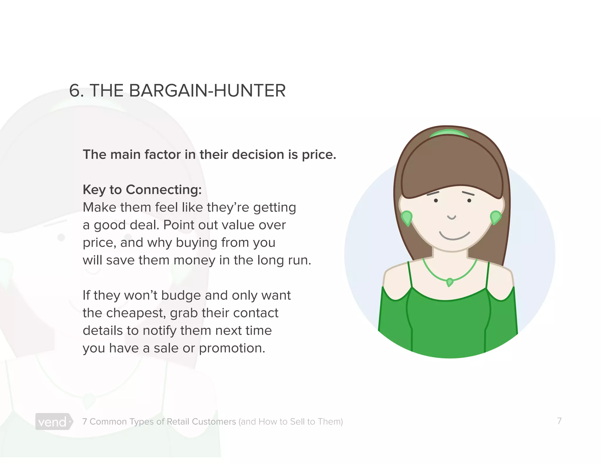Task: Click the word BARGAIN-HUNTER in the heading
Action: (x=207, y=91)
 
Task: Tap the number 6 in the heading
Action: (x=75, y=91)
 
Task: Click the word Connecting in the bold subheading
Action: (x=163, y=190)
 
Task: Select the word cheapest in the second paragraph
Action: (x=136, y=313)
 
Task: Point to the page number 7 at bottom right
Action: (x=559, y=421)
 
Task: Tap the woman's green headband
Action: (x=449, y=133)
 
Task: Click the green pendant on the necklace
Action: (x=449, y=282)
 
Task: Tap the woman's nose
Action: (x=452, y=217)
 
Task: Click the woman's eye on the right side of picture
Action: (x=469, y=201)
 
